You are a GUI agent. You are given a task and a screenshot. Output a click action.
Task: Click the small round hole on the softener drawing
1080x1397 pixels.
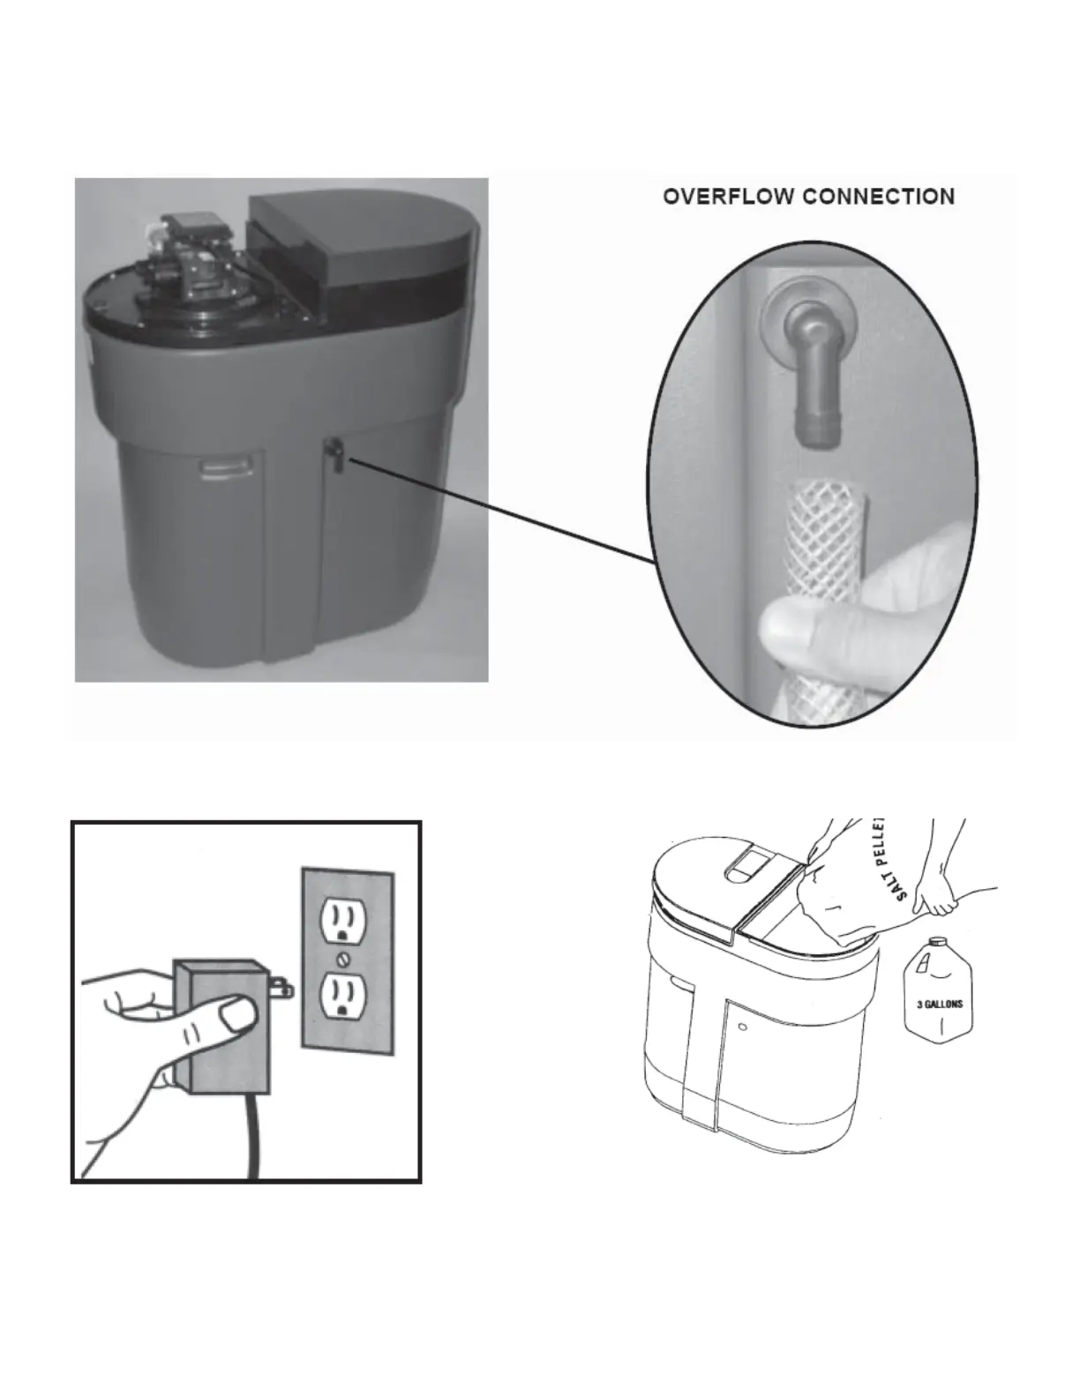point(744,1027)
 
